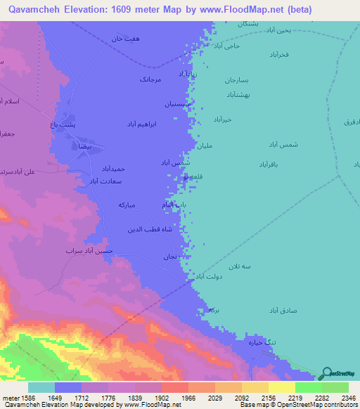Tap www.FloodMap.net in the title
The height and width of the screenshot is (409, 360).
click(238, 10)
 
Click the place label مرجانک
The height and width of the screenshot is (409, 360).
click(150, 79)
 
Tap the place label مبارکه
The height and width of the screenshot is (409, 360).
click(131, 205)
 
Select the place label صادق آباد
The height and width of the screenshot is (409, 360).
click(284, 310)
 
